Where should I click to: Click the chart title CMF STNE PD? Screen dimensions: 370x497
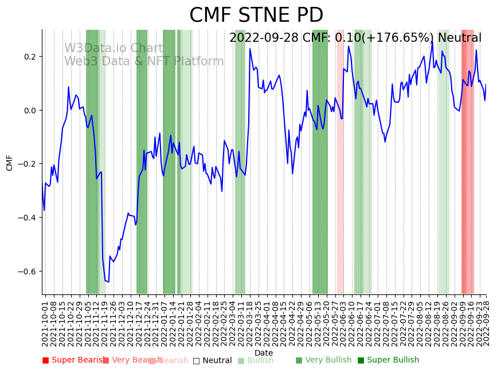point(256,15)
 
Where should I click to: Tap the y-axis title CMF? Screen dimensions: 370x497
point(10,162)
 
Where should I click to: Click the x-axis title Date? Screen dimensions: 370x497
point(264,353)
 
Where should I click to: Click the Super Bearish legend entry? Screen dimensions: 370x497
point(75,360)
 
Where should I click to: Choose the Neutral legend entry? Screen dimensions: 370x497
point(213,360)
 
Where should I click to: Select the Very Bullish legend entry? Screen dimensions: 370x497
point(324,360)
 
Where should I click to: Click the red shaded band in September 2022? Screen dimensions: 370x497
point(467,172)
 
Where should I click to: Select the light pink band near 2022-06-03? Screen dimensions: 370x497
point(340,172)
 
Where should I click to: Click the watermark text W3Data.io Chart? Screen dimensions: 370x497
point(113,48)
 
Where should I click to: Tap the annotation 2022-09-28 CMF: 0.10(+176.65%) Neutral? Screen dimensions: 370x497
point(355,38)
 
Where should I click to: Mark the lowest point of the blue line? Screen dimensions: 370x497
point(108,281)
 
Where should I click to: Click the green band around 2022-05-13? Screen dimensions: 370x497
point(320,172)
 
